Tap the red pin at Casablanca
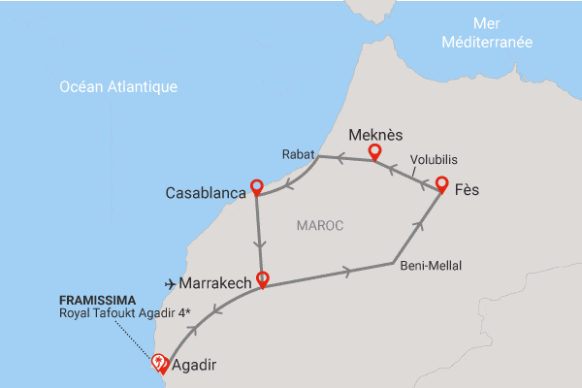click(257, 185)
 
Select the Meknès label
click(375, 135)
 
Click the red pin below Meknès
click(374, 153)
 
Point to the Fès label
click(468, 191)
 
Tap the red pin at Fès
click(441, 183)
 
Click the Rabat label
click(298, 153)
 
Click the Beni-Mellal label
click(430, 265)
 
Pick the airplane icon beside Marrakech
click(171, 283)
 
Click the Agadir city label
click(193, 366)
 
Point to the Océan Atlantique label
click(118, 86)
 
